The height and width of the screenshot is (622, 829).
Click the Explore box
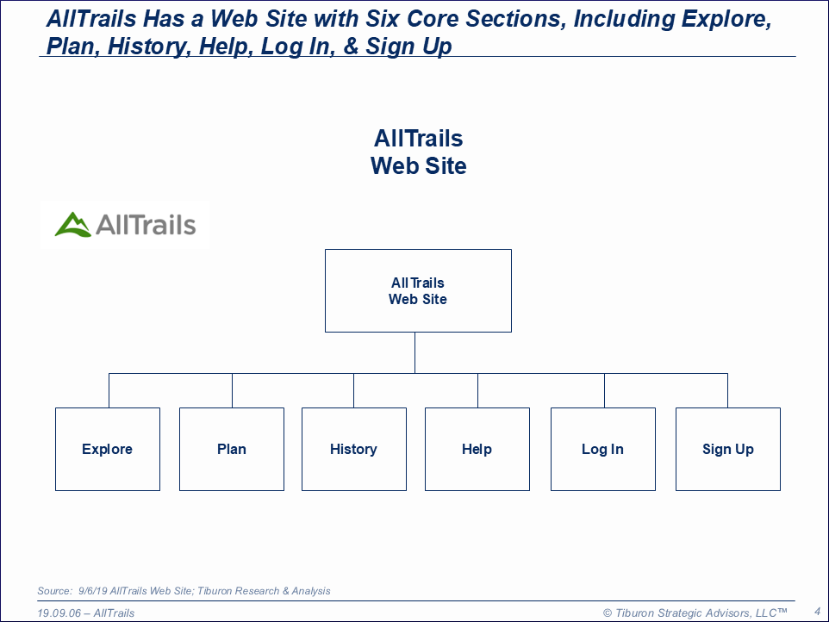point(108,449)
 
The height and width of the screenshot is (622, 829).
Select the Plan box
point(232,449)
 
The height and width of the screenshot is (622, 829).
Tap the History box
point(354,449)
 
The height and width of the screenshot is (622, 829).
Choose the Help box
point(477,449)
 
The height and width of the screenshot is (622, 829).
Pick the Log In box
point(603,449)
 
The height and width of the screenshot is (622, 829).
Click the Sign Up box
point(728,449)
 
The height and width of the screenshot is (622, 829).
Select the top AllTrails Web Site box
point(418,290)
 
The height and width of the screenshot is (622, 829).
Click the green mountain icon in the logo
point(73,225)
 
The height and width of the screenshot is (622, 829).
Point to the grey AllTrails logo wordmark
point(146,225)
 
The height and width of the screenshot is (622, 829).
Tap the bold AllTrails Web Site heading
point(418,152)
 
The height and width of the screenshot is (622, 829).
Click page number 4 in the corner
point(818,612)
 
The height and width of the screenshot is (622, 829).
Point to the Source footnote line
point(184,591)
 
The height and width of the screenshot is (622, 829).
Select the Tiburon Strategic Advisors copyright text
point(695,613)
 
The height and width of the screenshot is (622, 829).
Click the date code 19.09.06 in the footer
point(59,613)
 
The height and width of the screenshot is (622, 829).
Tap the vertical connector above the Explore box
point(109,390)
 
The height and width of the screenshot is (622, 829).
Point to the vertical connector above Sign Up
point(727,390)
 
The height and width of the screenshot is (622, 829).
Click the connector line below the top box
point(415,353)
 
